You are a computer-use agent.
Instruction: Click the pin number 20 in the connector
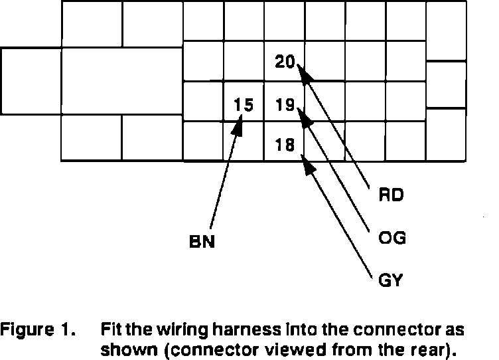click(x=285, y=62)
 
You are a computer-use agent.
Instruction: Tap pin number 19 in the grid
click(x=285, y=104)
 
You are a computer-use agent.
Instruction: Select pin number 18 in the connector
click(x=285, y=145)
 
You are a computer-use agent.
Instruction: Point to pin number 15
click(x=244, y=104)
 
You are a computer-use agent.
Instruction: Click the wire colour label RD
click(x=391, y=195)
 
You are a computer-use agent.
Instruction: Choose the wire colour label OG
click(x=391, y=238)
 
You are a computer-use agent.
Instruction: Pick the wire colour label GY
click(x=390, y=280)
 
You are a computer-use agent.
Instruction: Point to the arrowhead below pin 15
click(x=237, y=126)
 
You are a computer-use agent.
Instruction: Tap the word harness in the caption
click(x=246, y=329)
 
